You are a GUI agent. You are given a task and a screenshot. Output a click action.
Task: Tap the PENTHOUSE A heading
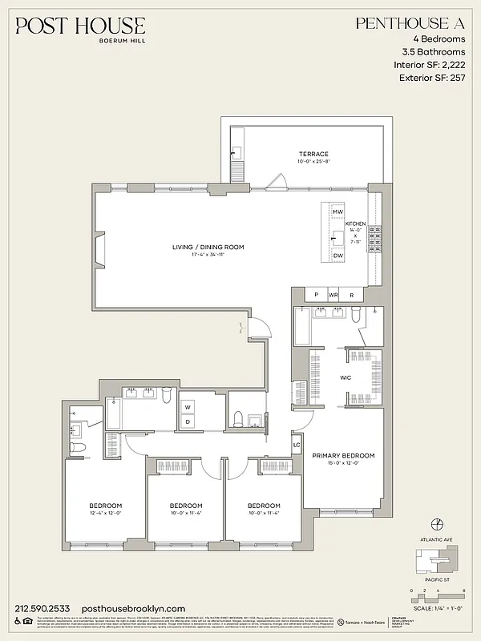pos(409,25)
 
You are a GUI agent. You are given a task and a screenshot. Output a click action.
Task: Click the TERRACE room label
pos(292,154)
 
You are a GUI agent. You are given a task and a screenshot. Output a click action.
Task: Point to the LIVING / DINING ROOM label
pos(208,247)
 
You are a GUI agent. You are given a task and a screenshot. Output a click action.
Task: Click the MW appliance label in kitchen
pos(338,212)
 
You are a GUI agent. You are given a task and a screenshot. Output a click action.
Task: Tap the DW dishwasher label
pos(338,255)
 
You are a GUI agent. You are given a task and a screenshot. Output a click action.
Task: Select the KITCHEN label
pos(355,224)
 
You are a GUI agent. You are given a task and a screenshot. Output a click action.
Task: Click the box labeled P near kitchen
pos(316,295)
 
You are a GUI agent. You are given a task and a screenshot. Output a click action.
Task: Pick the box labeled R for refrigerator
pos(351,295)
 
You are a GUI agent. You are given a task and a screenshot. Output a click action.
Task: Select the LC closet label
pos(297,444)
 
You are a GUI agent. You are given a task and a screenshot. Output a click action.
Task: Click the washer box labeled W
pos(188,406)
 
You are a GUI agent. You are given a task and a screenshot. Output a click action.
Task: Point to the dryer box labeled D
pos(188,421)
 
